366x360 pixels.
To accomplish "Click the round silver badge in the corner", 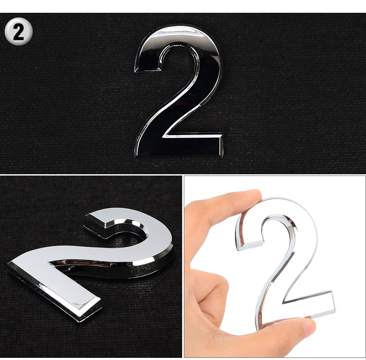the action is pyautogui.click(x=18, y=31).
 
